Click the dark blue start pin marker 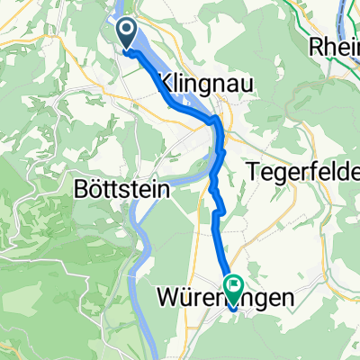(127, 35)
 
